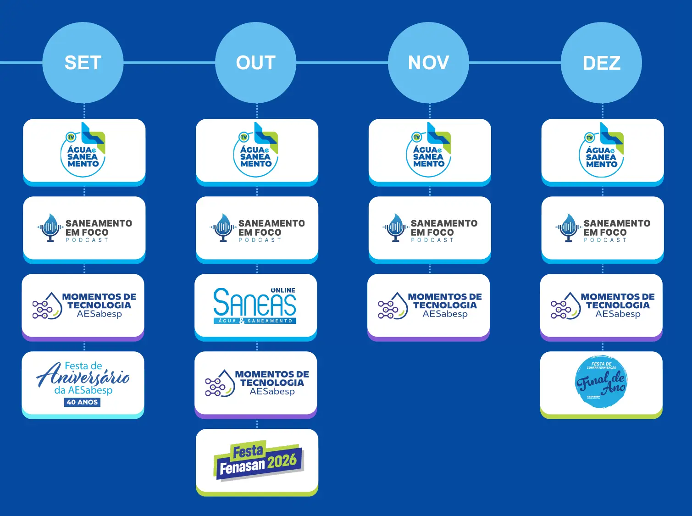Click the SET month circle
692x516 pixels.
(x=83, y=63)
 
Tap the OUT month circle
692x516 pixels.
(x=255, y=63)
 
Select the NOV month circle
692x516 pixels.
(x=428, y=63)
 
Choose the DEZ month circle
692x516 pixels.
(x=601, y=63)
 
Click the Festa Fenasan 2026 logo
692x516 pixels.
(x=258, y=461)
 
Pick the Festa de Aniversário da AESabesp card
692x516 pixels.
(x=83, y=383)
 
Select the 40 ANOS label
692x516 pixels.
(x=82, y=402)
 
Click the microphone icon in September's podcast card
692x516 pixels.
(x=50, y=227)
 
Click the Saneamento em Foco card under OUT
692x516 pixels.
(x=257, y=228)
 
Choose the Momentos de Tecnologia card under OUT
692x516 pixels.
(x=255, y=383)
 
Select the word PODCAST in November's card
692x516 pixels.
(x=432, y=240)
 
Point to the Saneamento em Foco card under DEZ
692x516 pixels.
(x=602, y=228)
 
